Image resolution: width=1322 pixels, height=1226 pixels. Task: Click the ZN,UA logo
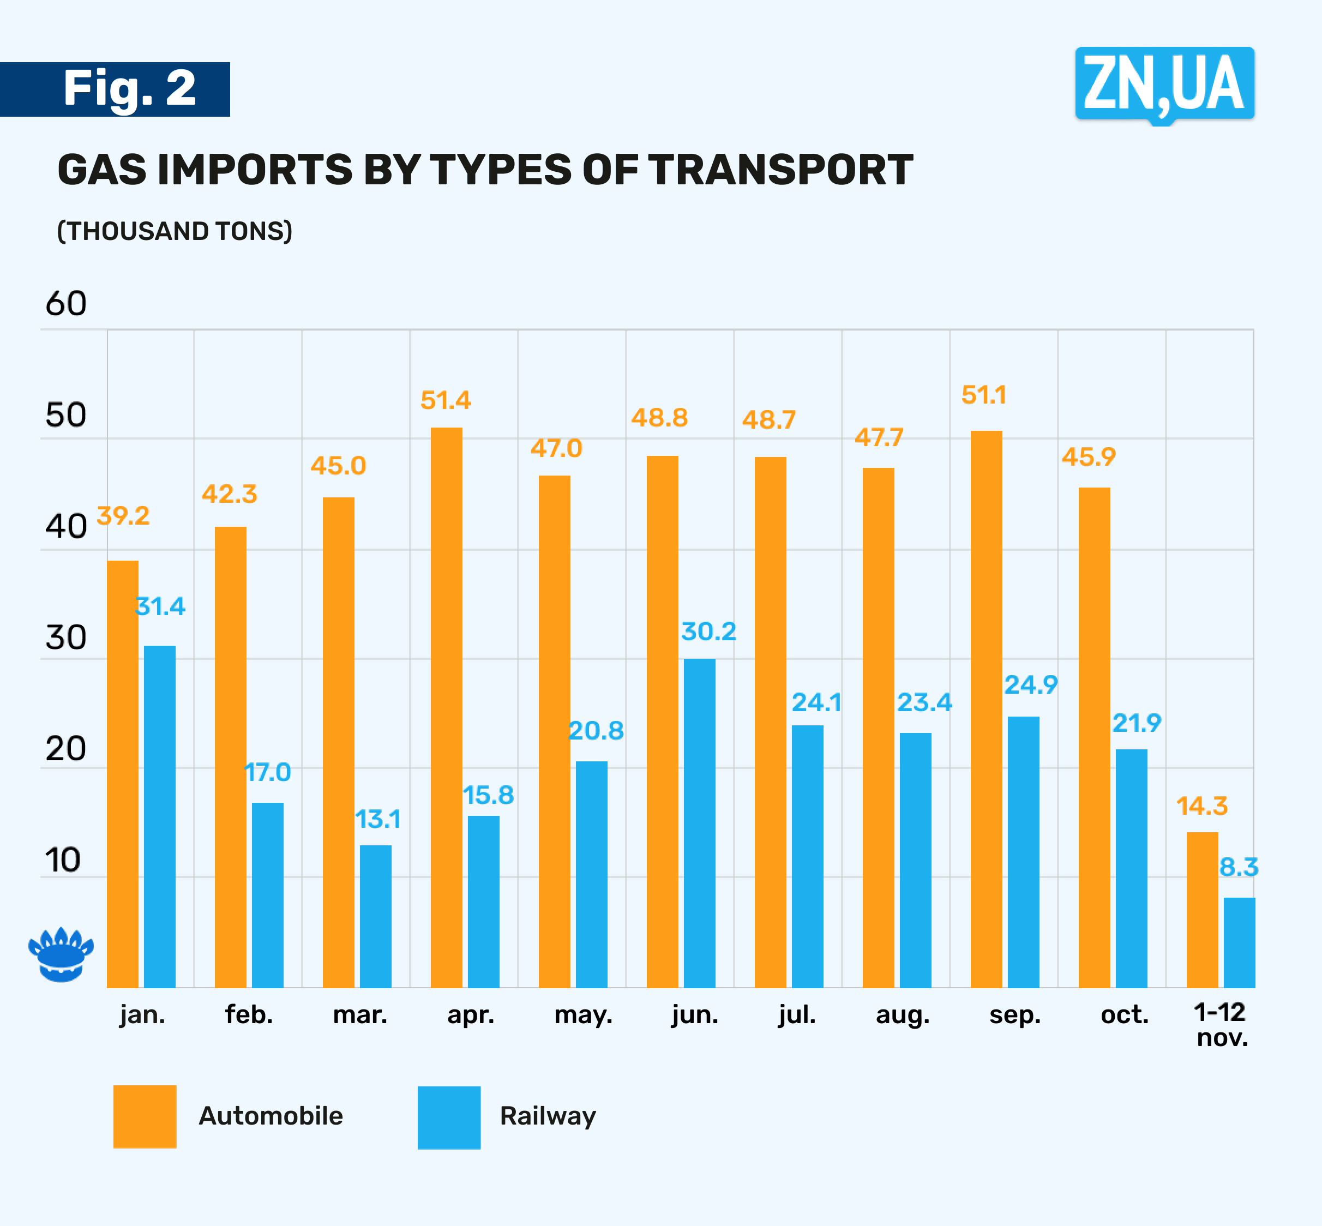tap(1164, 84)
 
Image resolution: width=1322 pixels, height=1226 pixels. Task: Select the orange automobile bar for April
tap(447, 707)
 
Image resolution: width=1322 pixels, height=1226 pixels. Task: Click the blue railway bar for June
tap(699, 822)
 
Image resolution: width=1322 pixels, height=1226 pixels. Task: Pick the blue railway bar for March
tap(375, 916)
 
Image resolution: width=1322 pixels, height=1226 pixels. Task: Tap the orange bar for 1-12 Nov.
tap(1202, 909)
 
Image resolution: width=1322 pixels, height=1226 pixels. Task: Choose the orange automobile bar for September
tap(987, 708)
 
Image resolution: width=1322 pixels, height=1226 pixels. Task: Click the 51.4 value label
tap(446, 401)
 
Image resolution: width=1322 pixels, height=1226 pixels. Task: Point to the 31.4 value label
tap(160, 606)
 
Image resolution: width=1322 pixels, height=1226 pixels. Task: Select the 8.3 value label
tap(1239, 867)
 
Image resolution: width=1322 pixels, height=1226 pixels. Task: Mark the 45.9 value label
tap(1089, 457)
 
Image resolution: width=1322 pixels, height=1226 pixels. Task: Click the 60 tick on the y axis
tap(65, 304)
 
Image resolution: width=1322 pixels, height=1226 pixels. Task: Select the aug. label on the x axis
tap(902, 1015)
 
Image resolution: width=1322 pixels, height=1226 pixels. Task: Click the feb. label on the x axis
tap(249, 1014)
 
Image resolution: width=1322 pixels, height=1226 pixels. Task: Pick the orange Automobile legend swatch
tap(145, 1116)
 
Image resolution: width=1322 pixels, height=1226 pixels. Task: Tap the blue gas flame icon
tap(61, 954)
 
